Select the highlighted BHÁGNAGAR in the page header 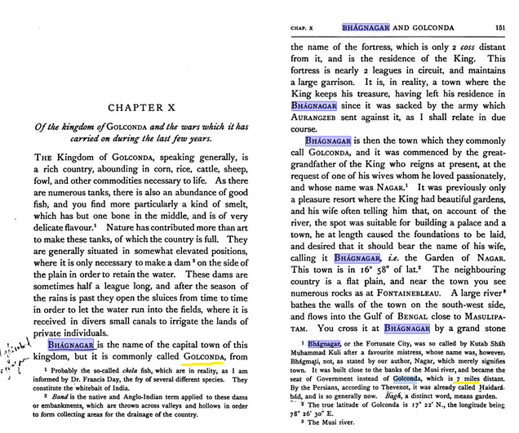[x=366, y=27]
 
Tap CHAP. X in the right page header [x=304, y=28]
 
